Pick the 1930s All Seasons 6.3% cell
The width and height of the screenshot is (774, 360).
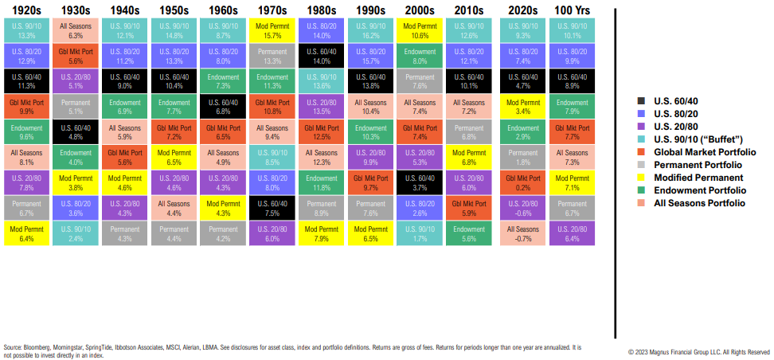point(76,30)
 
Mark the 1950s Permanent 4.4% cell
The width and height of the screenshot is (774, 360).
point(174,233)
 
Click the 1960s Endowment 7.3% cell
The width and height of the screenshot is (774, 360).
point(223,80)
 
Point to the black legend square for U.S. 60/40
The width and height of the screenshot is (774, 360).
point(643,101)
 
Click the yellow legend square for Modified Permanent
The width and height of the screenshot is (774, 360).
point(643,177)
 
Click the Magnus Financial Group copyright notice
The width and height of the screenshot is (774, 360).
point(699,351)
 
